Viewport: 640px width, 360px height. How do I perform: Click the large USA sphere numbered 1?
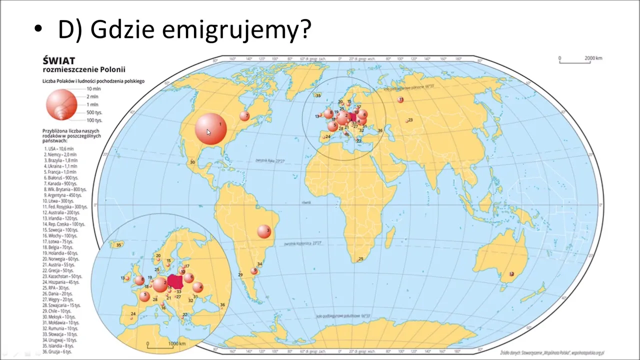pos(210,129)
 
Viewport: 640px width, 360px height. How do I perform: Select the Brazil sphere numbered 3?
pos(264,231)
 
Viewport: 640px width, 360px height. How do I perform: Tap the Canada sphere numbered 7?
pos(244,116)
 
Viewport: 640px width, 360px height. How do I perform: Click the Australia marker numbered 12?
pos(511,274)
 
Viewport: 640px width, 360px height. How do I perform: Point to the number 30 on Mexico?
pos(192,162)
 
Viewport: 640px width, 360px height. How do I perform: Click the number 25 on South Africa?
pos(361,259)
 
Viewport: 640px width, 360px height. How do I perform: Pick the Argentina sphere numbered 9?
pos(254,271)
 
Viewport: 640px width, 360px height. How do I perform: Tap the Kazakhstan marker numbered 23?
pos(410,120)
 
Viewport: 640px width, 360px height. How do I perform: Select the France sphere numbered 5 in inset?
pos(144,296)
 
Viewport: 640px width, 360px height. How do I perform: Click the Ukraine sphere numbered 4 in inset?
pos(198,287)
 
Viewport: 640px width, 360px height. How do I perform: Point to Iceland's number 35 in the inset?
pos(118,245)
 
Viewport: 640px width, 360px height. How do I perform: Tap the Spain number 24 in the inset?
pos(133,314)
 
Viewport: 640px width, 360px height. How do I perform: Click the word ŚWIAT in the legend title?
pos(59,60)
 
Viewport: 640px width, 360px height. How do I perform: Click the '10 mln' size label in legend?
pos(93,88)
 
